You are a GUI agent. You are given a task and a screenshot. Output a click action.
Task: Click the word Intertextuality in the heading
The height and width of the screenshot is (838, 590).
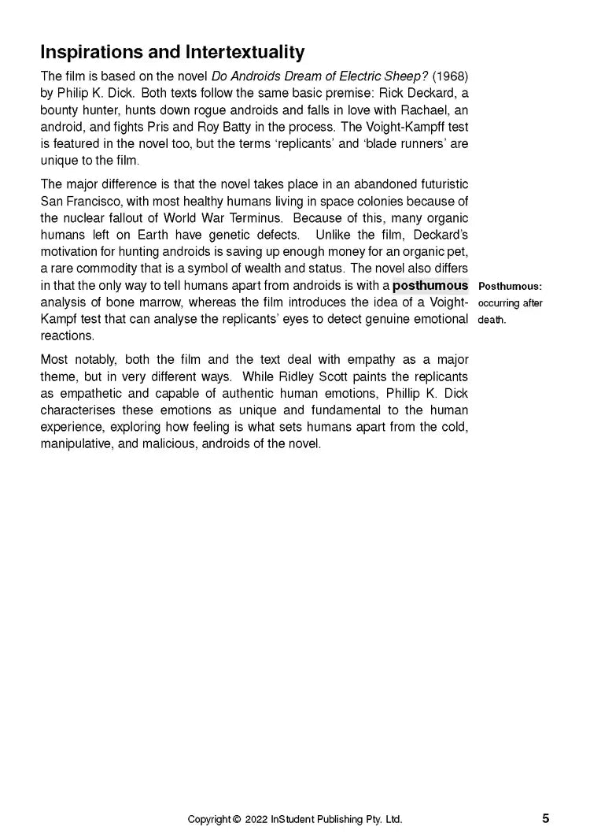(x=245, y=53)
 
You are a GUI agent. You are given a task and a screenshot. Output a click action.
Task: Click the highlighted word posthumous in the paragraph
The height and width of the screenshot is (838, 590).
(x=430, y=286)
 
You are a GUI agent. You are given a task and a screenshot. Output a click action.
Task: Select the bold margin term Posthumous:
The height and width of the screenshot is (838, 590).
(x=510, y=287)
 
